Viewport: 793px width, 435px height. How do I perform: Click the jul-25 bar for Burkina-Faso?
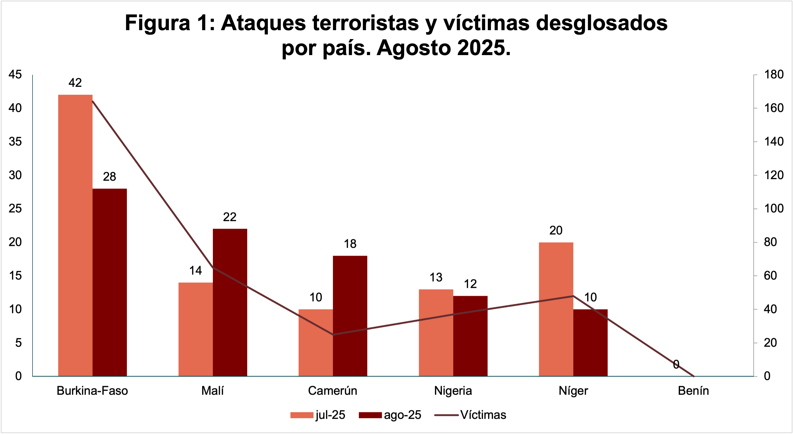coord(75,235)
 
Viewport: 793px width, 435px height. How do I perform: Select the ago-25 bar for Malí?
coord(230,302)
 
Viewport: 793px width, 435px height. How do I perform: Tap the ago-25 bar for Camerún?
coord(350,316)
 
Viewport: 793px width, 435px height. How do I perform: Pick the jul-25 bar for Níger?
coord(556,309)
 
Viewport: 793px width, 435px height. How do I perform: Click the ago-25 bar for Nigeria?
coord(470,336)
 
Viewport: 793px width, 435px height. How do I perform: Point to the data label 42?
coord(75,83)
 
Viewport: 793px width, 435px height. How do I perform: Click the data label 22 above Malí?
coord(230,217)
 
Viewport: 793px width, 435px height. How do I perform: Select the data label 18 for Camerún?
coord(350,244)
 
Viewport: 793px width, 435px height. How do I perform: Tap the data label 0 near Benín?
coord(676,364)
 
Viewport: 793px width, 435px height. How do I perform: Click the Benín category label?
coord(693,391)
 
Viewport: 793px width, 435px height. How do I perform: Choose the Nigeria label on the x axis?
coord(453,391)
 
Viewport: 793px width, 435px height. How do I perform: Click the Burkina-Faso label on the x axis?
coord(92,391)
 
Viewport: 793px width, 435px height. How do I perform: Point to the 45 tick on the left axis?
coord(15,74)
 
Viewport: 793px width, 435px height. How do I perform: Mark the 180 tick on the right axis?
coord(774,74)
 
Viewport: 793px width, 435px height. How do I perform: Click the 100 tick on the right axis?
coord(774,208)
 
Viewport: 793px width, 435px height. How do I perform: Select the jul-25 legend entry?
coord(318,415)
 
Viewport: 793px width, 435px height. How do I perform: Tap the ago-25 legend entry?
coord(390,415)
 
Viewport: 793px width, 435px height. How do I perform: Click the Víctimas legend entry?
coord(470,415)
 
